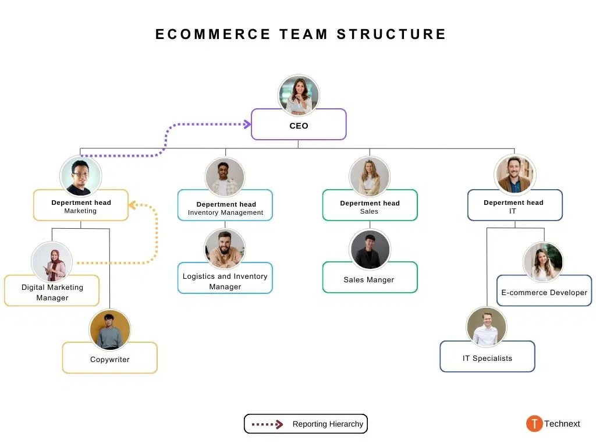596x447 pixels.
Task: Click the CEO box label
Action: coord(299,126)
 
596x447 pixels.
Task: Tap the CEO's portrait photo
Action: coord(299,95)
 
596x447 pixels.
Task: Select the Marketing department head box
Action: coord(81,205)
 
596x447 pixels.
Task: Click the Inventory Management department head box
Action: coord(225,205)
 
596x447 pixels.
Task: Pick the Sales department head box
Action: coord(370,205)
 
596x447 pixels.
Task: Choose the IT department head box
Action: coord(515,205)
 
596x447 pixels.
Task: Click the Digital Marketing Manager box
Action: coord(52,291)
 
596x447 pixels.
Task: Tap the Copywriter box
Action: coord(110,358)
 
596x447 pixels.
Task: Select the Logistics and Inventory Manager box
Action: coord(225,278)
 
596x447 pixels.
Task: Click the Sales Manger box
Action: coord(370,277)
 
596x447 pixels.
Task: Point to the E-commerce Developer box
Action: coord(544,290)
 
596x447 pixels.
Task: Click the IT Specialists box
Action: coord(487,357)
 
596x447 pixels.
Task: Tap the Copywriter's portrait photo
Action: coord(110,330)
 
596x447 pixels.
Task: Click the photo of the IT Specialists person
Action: coord(487,327)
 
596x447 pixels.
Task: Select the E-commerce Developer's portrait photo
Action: coord(543,262)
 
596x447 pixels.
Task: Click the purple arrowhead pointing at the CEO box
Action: coord(247,125)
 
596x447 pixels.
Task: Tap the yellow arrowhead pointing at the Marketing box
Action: coord(132,205)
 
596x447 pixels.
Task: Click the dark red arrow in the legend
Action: coord(267,424)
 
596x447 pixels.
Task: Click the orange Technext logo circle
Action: coord(534,424)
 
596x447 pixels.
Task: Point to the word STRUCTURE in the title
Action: coord(392,34)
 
